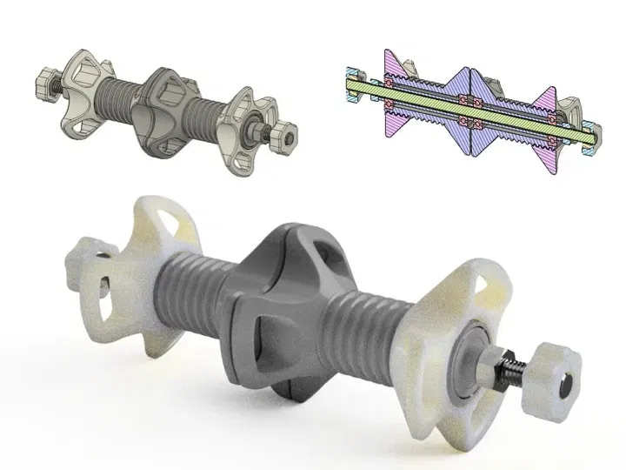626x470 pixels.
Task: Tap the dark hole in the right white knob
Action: [563, 380]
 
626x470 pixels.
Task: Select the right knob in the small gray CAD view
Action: [283, 137]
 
